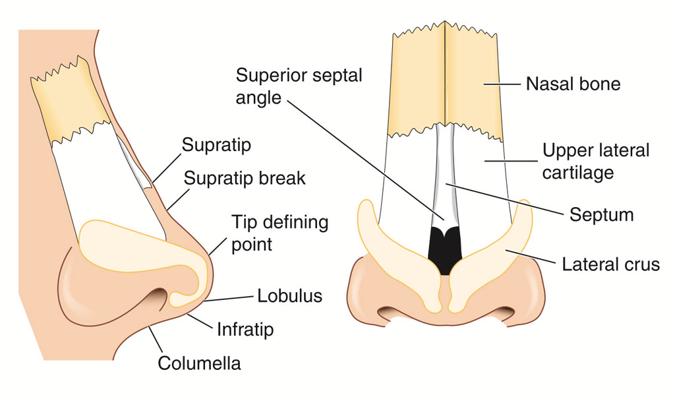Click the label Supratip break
tap(244, 178)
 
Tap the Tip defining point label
tap(279, 233)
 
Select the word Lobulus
tap(289, 295)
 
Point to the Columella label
tap(200, 363)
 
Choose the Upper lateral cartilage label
tap(596, 161)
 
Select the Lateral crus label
tap(610, 264)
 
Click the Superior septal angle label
tap(299, 86)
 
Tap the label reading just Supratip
tap(216, 145)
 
